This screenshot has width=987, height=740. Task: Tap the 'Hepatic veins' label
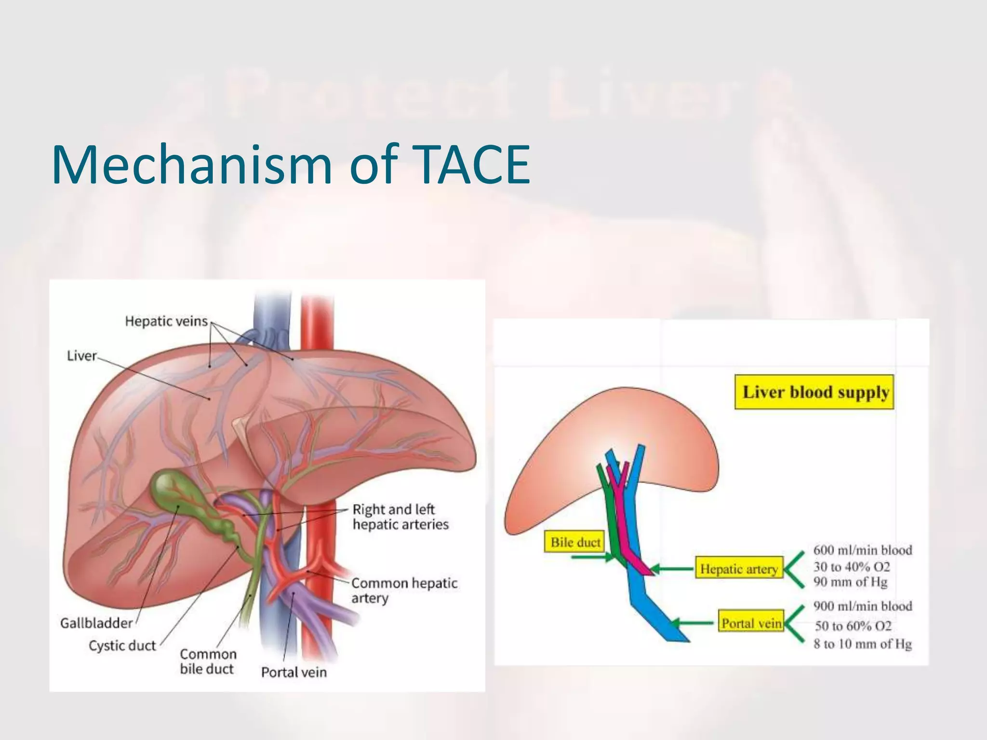(166, 321)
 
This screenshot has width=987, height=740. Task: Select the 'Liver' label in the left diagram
(81, 356)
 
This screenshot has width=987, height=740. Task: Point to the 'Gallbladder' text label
(96, 623)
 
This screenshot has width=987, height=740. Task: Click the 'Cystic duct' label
(122, 645)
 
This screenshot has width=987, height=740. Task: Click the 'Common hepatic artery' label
(404, 590)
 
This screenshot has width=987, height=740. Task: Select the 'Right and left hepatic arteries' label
(400, 516)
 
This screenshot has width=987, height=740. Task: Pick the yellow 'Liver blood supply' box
(814, 392)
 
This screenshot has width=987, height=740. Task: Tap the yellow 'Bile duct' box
(575, 542)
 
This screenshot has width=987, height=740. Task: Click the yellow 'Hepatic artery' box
(739, 569)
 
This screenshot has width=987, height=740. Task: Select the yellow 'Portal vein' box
(751, 623)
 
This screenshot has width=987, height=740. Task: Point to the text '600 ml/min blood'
(863, 550)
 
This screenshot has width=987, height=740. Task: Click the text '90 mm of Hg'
(850, 582)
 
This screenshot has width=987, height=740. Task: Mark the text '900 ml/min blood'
(863, 606)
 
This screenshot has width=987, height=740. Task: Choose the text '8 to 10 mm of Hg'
(863, 644)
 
